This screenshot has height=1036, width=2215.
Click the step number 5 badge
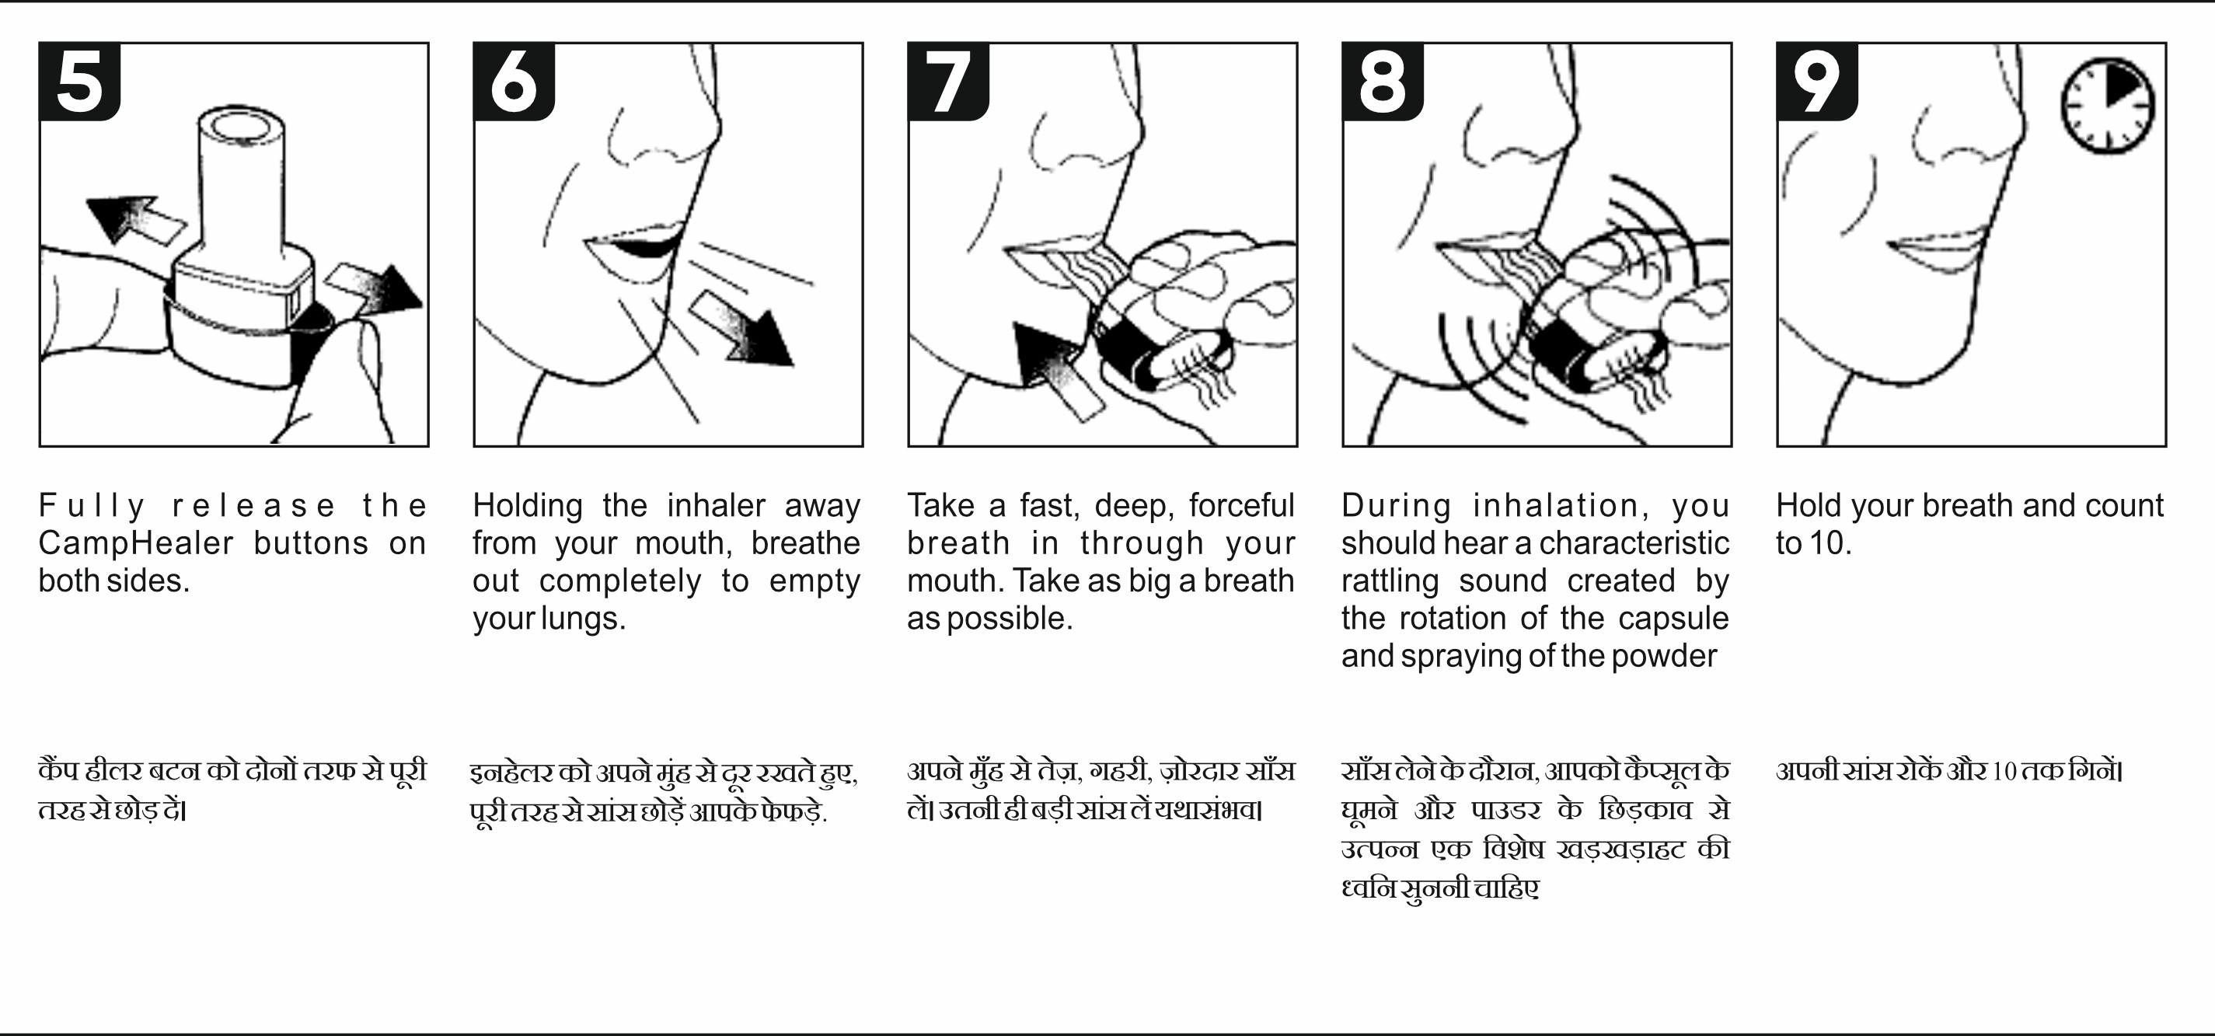80,82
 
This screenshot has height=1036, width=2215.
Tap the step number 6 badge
515,82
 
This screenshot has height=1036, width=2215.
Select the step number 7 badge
948,82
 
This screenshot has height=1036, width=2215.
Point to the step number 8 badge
1383,82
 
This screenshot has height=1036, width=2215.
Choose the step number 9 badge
1817,82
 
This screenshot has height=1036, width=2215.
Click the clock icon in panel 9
2108,106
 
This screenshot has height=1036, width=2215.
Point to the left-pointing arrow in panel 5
135,220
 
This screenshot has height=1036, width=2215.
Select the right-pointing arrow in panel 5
375,291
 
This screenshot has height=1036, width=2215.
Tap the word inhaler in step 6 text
715,505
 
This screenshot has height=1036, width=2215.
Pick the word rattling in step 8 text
1390,581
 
